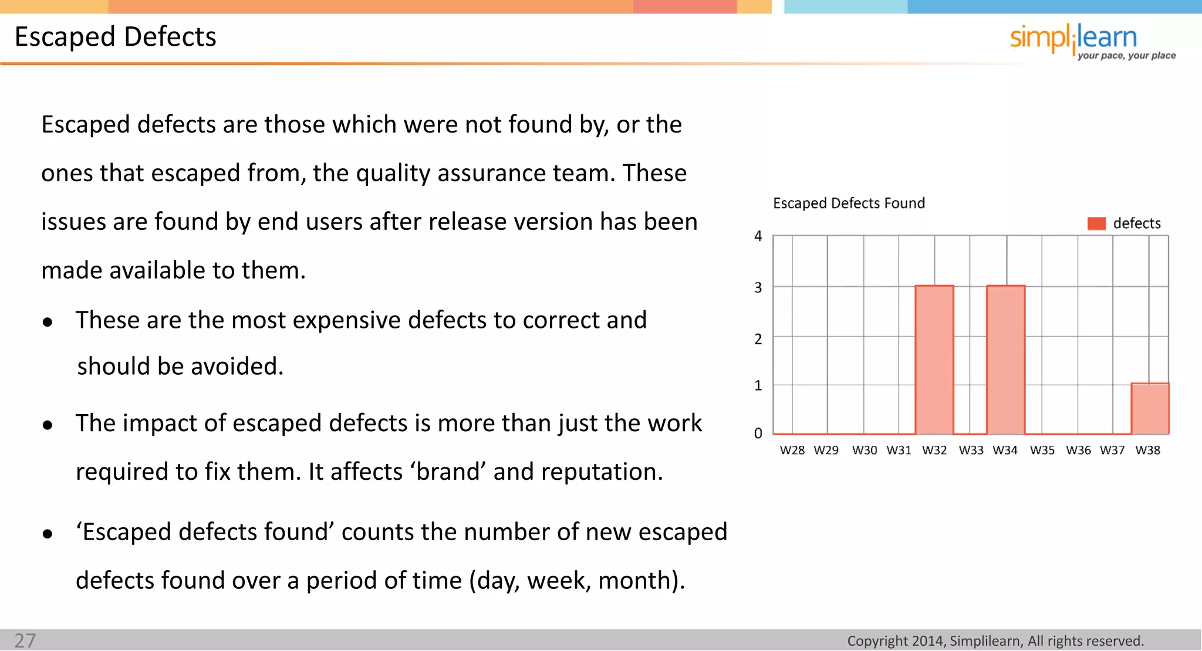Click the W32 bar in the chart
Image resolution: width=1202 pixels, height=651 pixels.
pos(934,360)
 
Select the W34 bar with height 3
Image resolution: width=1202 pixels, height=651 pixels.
pos(1005,360)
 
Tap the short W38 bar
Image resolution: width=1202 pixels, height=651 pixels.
pos(1150,409)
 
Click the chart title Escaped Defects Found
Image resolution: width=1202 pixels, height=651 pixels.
pos(849,204)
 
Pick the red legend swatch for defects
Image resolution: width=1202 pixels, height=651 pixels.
pos(1096,223)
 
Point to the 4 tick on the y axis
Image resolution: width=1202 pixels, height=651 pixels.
pos(758,236)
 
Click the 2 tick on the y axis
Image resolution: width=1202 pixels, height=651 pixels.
pos(758,339)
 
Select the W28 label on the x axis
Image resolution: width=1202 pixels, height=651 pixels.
pos(792,450)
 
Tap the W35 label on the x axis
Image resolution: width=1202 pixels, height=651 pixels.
pos(1042,450)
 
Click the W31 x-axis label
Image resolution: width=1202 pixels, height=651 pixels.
pos(899,450)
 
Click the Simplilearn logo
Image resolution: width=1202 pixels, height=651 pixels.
pos(1073,38)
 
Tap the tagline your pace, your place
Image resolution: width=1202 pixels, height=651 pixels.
pos(1126,56)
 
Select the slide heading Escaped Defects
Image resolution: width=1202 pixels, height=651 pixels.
pos(116,37)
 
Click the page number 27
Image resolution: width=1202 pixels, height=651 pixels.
pos(25,640)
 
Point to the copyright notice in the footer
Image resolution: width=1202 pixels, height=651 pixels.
pos(995,641)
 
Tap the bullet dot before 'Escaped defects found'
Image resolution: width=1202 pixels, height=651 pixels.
pos(48,534)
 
